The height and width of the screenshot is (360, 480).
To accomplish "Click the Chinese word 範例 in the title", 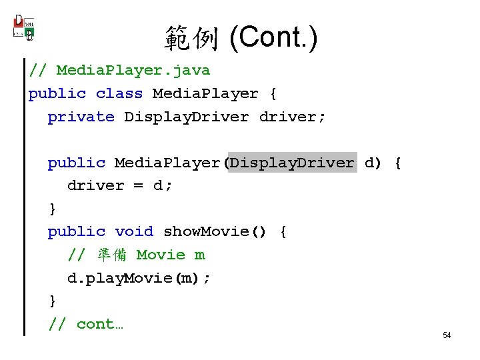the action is click(x=191, y=40).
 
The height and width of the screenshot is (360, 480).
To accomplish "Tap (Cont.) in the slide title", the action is click(x=273, y=39).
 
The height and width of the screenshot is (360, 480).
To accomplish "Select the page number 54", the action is click(x=447, y=335).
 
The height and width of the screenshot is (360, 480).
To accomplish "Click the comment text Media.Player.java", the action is click(x=133, y=71).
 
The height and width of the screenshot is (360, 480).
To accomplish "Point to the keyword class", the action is click(x=119, y=94).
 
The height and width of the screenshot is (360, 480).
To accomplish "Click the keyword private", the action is click(x=81, y=117).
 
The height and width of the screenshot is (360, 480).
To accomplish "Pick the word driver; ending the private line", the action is click(x=293, y=117).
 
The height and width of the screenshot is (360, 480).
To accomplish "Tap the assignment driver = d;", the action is click(x=120, y=186).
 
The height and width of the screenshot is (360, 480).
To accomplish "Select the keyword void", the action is click(x=134, y=232).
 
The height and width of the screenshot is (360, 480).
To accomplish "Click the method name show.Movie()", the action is click(x=215, y=232).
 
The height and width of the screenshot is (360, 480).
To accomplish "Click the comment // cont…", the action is click(x=86, y=324).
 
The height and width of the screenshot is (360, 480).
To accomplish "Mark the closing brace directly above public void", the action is click(x=53, y=209).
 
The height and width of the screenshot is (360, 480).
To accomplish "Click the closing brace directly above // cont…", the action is click(x=53, y=301).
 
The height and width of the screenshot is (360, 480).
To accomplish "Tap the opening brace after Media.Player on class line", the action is click(x=273, y=94).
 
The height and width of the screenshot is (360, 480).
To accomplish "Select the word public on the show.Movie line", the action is click(x=77, y=232).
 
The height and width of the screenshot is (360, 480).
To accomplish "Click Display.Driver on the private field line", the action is click(x=187, y=117).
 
